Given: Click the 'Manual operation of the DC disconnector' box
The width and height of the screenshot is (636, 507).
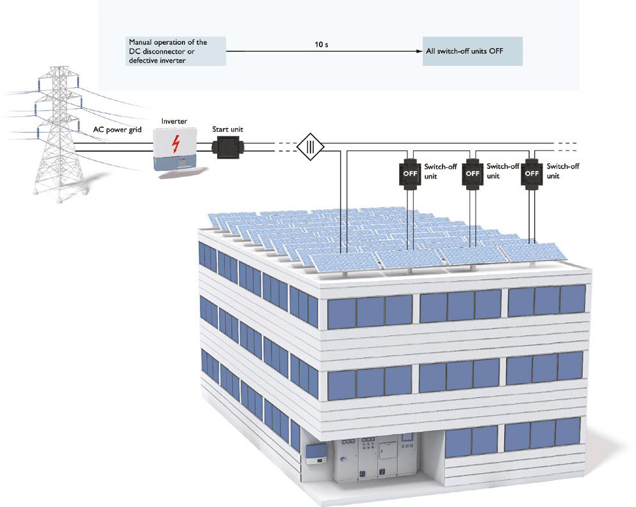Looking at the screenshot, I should click(176, 51).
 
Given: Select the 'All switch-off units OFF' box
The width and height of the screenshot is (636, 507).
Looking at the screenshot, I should click(471, 51).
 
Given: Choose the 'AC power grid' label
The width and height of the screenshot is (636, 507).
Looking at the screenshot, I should click(117, 129).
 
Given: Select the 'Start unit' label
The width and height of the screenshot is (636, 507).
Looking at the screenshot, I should click(227, 130).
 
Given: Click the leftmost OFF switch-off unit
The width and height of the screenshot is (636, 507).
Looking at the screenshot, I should click(409, 173).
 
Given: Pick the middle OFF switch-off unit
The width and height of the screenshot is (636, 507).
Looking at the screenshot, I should click(472, 173).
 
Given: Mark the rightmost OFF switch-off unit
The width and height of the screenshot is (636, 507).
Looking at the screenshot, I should click(532, 173).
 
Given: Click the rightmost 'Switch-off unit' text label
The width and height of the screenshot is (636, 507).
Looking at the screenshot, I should click(564, 170).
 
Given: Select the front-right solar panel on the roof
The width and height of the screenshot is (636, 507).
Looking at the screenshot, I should click(531, 253).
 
